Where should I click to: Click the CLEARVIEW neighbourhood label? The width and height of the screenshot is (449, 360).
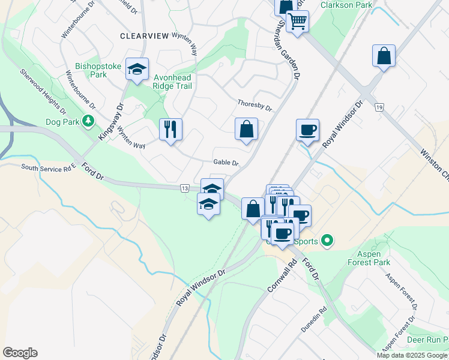[x=144, y=36]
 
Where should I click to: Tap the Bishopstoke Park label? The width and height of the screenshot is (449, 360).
[x=91, y=70]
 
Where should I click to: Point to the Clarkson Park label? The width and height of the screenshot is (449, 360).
[x=346, y=5]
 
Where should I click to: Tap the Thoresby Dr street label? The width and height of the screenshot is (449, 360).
[x=255, y=106]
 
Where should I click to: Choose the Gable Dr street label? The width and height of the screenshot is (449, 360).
[x=226, y=163]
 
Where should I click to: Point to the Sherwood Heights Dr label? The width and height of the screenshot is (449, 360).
[x=42, y=91]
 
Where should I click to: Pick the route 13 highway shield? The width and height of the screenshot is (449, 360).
[x=184, y=188]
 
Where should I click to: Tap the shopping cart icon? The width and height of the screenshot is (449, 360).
[x=297, y=22]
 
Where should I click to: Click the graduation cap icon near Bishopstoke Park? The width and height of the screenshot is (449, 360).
[x=137, y=69]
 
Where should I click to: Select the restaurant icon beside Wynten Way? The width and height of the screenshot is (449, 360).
[x=170, y=128]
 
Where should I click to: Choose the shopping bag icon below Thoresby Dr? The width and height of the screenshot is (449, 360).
[x=246, y=128]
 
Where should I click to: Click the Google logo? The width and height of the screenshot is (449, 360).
[x=20, y=353]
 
